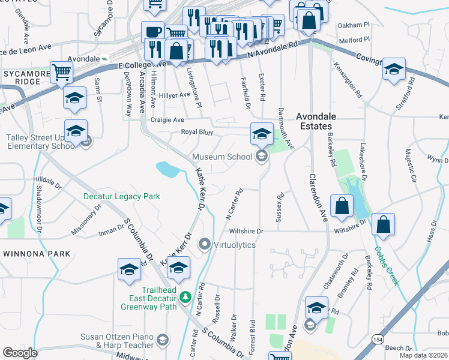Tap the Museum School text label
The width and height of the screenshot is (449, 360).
point(221,157)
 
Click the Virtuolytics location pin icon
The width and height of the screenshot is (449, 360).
point(205,245)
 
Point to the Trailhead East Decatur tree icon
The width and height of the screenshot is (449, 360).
point(185,296)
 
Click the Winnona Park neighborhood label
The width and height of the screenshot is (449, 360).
point(37,253)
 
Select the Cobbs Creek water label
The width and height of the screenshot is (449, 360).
point(386,263)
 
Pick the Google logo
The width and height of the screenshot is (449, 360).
point(20,353)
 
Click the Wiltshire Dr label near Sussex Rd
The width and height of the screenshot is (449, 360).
point(246,231)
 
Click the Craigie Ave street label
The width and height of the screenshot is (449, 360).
point(167,120)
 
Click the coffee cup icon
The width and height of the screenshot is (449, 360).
point(152,31)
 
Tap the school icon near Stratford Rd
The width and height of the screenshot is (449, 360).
point(394,70)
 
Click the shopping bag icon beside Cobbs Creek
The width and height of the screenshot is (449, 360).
point(383,225)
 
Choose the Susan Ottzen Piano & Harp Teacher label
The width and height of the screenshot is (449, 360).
point(116,341)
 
